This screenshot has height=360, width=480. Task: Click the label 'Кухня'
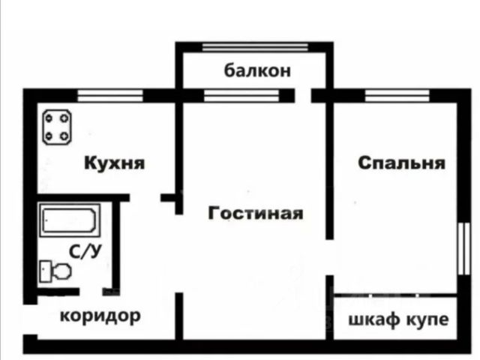pyautogui.click(x=114, y=163)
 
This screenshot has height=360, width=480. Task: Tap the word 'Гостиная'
pyautogui.click(x=256, y=213)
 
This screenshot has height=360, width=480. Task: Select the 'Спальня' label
pyautogui.click(x=401, y=163)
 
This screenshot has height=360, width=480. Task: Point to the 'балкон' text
pyautogui.click(x=257, y=70)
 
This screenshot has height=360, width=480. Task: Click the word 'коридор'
pyautogui.click(x=100, y=316)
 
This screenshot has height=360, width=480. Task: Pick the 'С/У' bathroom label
pyautogui.click(x=85, y=252)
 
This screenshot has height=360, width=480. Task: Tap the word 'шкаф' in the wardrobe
pyautogui.click(x=374, y=320)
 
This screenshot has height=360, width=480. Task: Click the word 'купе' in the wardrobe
pyautogui.click(x=427, y=320)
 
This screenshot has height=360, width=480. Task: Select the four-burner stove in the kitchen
pyautogui.click(x=57, y=127)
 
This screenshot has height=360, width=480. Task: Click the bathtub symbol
pyautogui.click(x=69, y=220)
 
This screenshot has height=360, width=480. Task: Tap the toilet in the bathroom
pyautogui.click(x=55, y=271)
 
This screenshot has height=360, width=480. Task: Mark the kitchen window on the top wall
pyautogui.click(x=110, y=95)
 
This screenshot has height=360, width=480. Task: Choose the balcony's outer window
pyautogui.click(x=255, y=47)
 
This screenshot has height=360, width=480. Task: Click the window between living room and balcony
pyautogui.click(x=241, y=95)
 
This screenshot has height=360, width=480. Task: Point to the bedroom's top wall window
pyautogui.click(x=397, y=95)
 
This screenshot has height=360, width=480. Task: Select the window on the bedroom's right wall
pyautogui.click(x=464, y=248)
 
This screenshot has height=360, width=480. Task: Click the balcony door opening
pyautogui.click(x=303, y=95)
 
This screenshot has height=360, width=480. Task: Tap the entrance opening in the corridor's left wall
pyautogui.click(x=30, y=319)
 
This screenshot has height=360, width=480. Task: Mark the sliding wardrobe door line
pyautogui.click(x=395, y=295)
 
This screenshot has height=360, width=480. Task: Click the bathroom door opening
pyautogui.click(x=91, y=292)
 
